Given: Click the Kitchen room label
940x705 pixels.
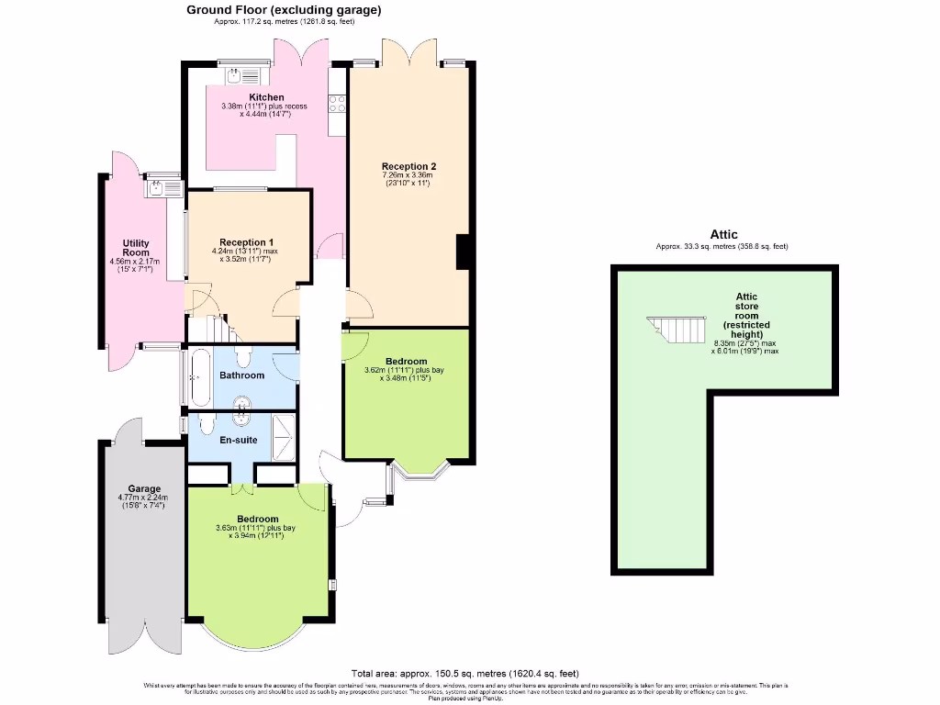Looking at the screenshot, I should pos(266,97).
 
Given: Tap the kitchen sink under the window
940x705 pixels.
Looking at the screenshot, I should pos(241,74).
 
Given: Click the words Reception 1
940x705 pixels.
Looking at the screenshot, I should pos(247,242).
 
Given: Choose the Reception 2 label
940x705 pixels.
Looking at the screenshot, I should pos(408,166).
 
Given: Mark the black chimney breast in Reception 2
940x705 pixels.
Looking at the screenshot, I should pos(464,252).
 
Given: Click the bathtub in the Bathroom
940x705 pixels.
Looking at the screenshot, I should pos(198,376).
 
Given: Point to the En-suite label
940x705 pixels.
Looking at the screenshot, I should pos(238,440).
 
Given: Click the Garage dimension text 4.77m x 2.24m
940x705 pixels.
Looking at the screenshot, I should pos(144,498).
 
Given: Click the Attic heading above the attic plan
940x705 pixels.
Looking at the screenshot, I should pos(723,235).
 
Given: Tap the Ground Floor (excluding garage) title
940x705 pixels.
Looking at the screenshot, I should pos(284,10).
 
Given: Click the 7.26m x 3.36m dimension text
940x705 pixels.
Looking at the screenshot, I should pos(408,175).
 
